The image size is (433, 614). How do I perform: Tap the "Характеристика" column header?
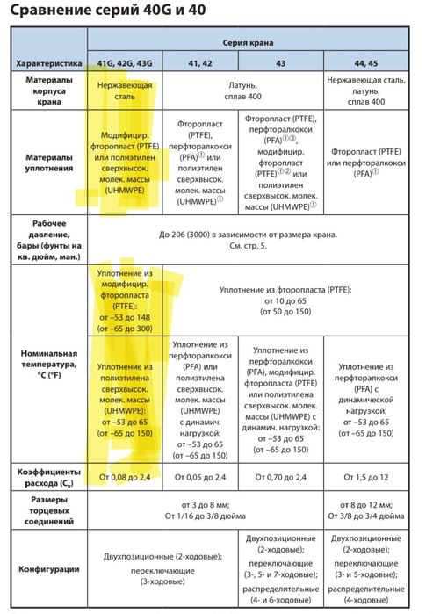point(49,64)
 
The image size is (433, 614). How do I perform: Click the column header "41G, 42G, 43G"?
point(124,64)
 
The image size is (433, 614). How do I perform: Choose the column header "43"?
point(280,64)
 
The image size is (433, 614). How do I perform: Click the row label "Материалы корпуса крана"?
point(49,91)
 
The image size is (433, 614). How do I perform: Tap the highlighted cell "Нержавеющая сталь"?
point(124,91)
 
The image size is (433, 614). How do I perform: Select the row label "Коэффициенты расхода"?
point(49,477)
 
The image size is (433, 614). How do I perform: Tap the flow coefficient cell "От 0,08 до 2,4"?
point(124,477)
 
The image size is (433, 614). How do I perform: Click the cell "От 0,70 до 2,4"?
point(280,477)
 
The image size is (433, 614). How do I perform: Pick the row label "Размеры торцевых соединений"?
point(49,510)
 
